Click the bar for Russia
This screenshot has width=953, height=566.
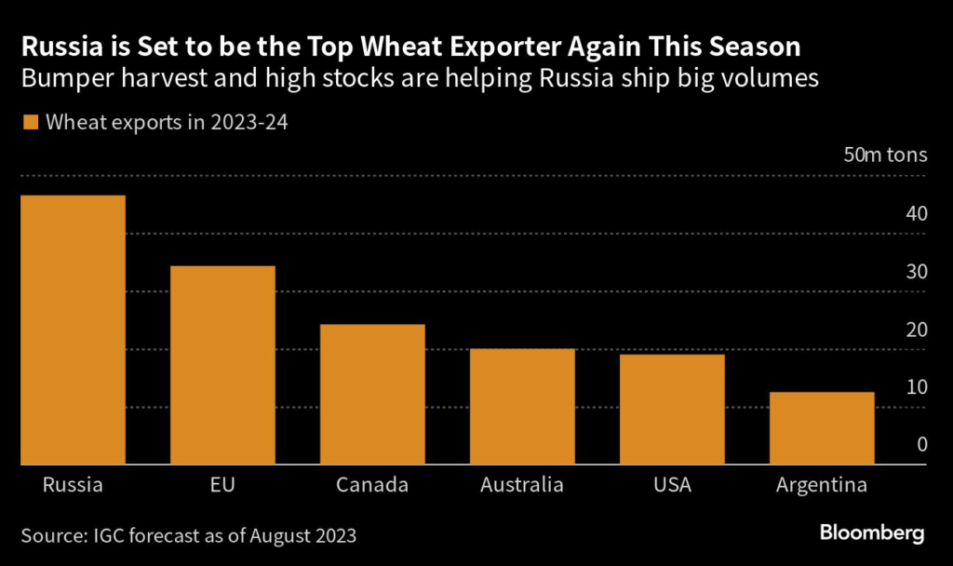click(72, 330)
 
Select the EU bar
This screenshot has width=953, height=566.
click(221, 365)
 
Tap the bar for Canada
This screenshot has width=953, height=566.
click(371, 394)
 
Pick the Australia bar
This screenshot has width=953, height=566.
click(521, 406)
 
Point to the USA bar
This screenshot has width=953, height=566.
click(671, 409)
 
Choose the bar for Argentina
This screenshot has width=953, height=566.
click(821, 428)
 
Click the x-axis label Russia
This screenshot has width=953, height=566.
click(72, 485)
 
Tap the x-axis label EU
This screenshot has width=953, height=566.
click(221, 485)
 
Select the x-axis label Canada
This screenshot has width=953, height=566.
click(371, 485)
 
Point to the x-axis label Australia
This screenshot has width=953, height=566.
click(521, 485)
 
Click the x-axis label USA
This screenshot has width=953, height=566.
click(671, 485)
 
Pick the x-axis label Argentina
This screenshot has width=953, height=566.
click(821, 485)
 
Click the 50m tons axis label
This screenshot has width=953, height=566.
click(885, 155)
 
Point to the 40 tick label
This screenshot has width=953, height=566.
click(916, 213)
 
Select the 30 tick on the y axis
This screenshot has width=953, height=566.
click(916, 272)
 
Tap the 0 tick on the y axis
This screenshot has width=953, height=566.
click(921, 444)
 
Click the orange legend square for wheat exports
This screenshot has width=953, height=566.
click(30, 123)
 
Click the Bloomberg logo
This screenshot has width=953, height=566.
click(871, 533)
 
